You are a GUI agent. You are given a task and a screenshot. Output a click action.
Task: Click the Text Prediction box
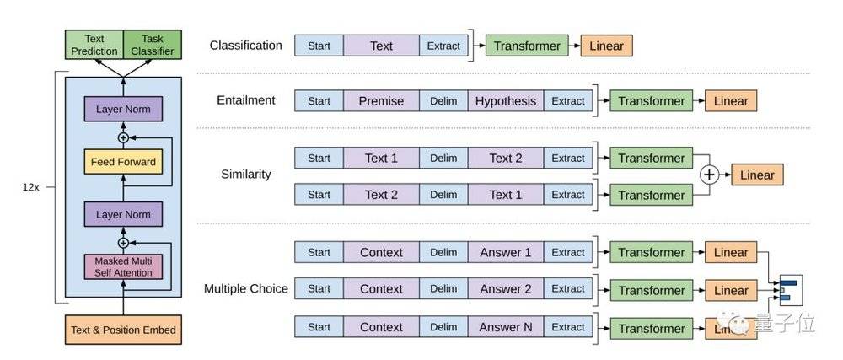tap(94, 45)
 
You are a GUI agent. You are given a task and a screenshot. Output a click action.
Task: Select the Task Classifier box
tap(153, 45)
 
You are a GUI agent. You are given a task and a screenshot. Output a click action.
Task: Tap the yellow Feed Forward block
tap(123, 162)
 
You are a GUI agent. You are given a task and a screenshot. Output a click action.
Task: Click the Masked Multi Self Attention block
tap(123, 266)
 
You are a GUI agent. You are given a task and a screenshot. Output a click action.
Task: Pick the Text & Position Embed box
tap(123, 330)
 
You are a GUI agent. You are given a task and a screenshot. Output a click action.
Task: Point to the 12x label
tap(30, 188)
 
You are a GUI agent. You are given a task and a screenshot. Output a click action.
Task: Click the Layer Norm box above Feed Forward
tap(123, 109)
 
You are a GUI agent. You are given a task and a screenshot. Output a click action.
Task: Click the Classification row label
tap(245, 46)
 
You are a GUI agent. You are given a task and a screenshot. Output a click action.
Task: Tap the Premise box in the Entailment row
tap(381, 101)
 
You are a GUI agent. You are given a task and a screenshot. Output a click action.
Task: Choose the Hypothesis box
tap(505, 101)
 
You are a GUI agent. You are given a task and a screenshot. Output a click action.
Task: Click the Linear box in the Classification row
tap(606, 46)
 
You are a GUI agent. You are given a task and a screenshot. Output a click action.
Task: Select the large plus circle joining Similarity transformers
tap(710, 175)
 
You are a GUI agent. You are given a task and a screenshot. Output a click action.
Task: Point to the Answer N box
tap(505, 327)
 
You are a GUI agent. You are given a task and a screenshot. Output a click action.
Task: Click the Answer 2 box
tap(505, 289)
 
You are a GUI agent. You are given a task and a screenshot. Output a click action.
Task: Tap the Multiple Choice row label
tap(245, 289)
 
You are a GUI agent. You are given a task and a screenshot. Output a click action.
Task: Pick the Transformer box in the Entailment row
tap(651, 101)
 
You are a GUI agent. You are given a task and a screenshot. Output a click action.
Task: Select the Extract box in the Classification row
tap(443, 46)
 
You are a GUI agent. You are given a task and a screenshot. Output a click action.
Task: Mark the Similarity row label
tap(245, 175)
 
